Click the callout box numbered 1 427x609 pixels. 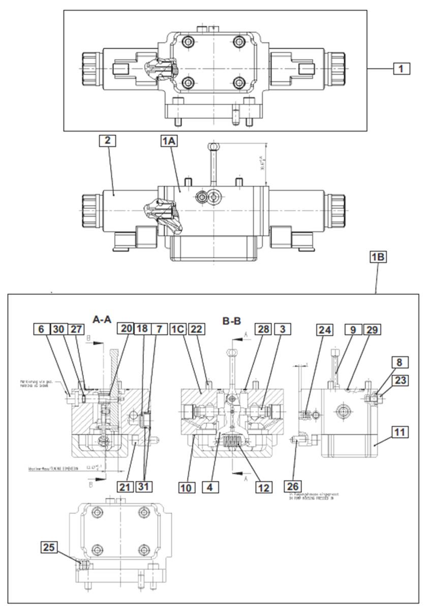pyautogui.click(x=401, y=68)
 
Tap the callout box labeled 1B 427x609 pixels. pyautogui.click(x=378, y=257)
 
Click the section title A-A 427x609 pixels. pyautogui.click(x=102, y=319)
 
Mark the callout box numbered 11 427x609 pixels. pyautogui.click(x=401, y=433)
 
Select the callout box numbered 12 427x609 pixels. pyautogui.click(x=263, y=487)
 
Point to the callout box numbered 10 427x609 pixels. pyautogui.click(x=187, y=487)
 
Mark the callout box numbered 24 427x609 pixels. pyautogui.click(x=325, y=329)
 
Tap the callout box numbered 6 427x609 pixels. pyautogui.click(x=42, y=329)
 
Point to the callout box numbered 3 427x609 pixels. pyautogui.click(x=283, y=329)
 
